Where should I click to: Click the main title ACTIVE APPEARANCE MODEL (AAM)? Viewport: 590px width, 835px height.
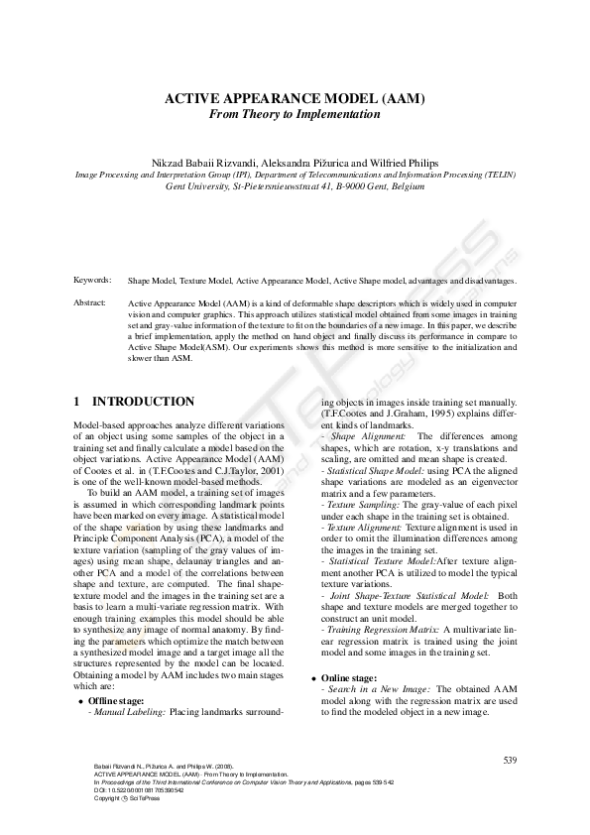point(295,98)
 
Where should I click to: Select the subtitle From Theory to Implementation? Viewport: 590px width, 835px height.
point(295,114)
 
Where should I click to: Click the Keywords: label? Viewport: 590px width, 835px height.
point(92,282)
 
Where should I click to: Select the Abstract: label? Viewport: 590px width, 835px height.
point(90,301)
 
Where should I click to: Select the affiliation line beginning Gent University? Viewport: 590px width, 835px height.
point(295,185)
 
